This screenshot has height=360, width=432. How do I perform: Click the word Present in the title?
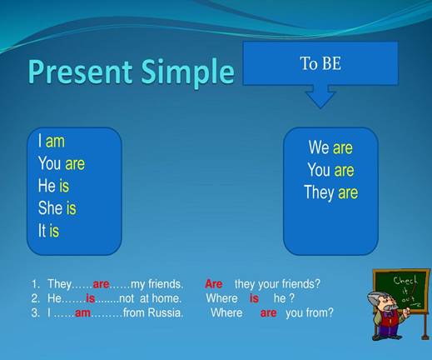(80, 71)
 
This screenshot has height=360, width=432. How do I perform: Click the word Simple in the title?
(187, 72)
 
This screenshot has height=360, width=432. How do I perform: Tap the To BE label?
(320, 63)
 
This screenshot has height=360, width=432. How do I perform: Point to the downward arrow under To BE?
(320, 97)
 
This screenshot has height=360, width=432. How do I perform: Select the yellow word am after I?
(55, 141)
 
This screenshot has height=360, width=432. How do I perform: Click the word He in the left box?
(47, 185)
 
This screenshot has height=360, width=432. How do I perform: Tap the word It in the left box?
(42, 230)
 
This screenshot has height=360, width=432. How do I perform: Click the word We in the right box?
(319, 147)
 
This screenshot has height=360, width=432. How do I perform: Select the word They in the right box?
(319, 192)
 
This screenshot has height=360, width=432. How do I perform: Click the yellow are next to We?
(343, 148)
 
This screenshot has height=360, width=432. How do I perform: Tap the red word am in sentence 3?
(82, 313)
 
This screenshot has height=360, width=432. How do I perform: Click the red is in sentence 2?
(91, 298)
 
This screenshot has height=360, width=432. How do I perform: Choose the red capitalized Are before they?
(214, 284)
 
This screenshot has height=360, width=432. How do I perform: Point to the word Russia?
(166, 312)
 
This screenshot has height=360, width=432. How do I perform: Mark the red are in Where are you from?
(268, 313)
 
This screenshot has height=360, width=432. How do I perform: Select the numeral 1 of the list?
(35, 284)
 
